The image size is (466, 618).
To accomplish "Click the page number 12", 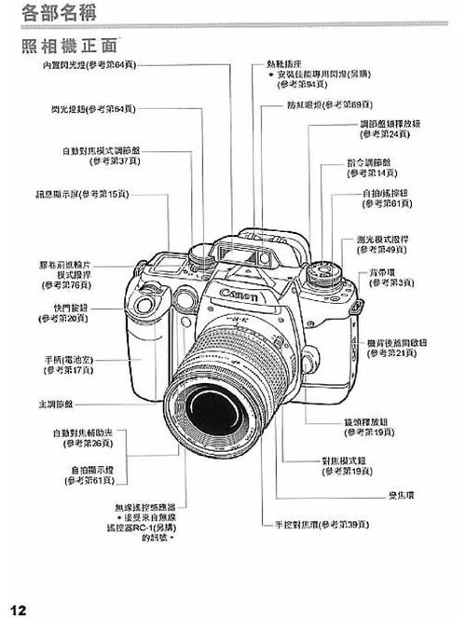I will (x=18, y=609).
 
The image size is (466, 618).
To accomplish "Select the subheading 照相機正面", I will (x=66, y=45).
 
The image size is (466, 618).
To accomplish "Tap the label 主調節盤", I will (x=55, y=405).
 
